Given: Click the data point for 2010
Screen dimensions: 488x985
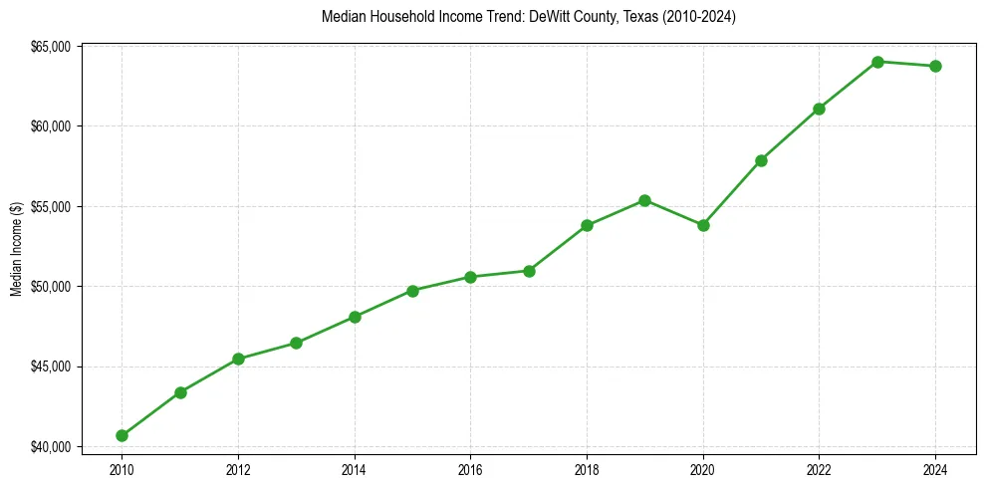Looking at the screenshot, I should [122, 435].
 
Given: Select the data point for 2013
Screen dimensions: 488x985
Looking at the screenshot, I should [296, 343].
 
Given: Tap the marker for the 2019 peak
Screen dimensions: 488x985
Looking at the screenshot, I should [644, 200].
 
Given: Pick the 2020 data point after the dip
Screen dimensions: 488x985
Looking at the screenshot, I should [703, 225].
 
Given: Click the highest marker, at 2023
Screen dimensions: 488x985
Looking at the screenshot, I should [877, 62].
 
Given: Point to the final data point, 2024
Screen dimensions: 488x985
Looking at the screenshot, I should [935, 66].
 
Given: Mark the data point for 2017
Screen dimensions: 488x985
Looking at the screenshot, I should [529, 271].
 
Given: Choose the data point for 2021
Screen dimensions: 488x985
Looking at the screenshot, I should [761, 160].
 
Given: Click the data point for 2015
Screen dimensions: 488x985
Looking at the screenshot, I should [412, 291].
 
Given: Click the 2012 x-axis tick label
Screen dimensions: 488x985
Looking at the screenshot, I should [238, 468].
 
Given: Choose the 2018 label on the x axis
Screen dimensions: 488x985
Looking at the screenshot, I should [587, 468].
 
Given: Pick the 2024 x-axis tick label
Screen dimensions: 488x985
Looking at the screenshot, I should [935, 468].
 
